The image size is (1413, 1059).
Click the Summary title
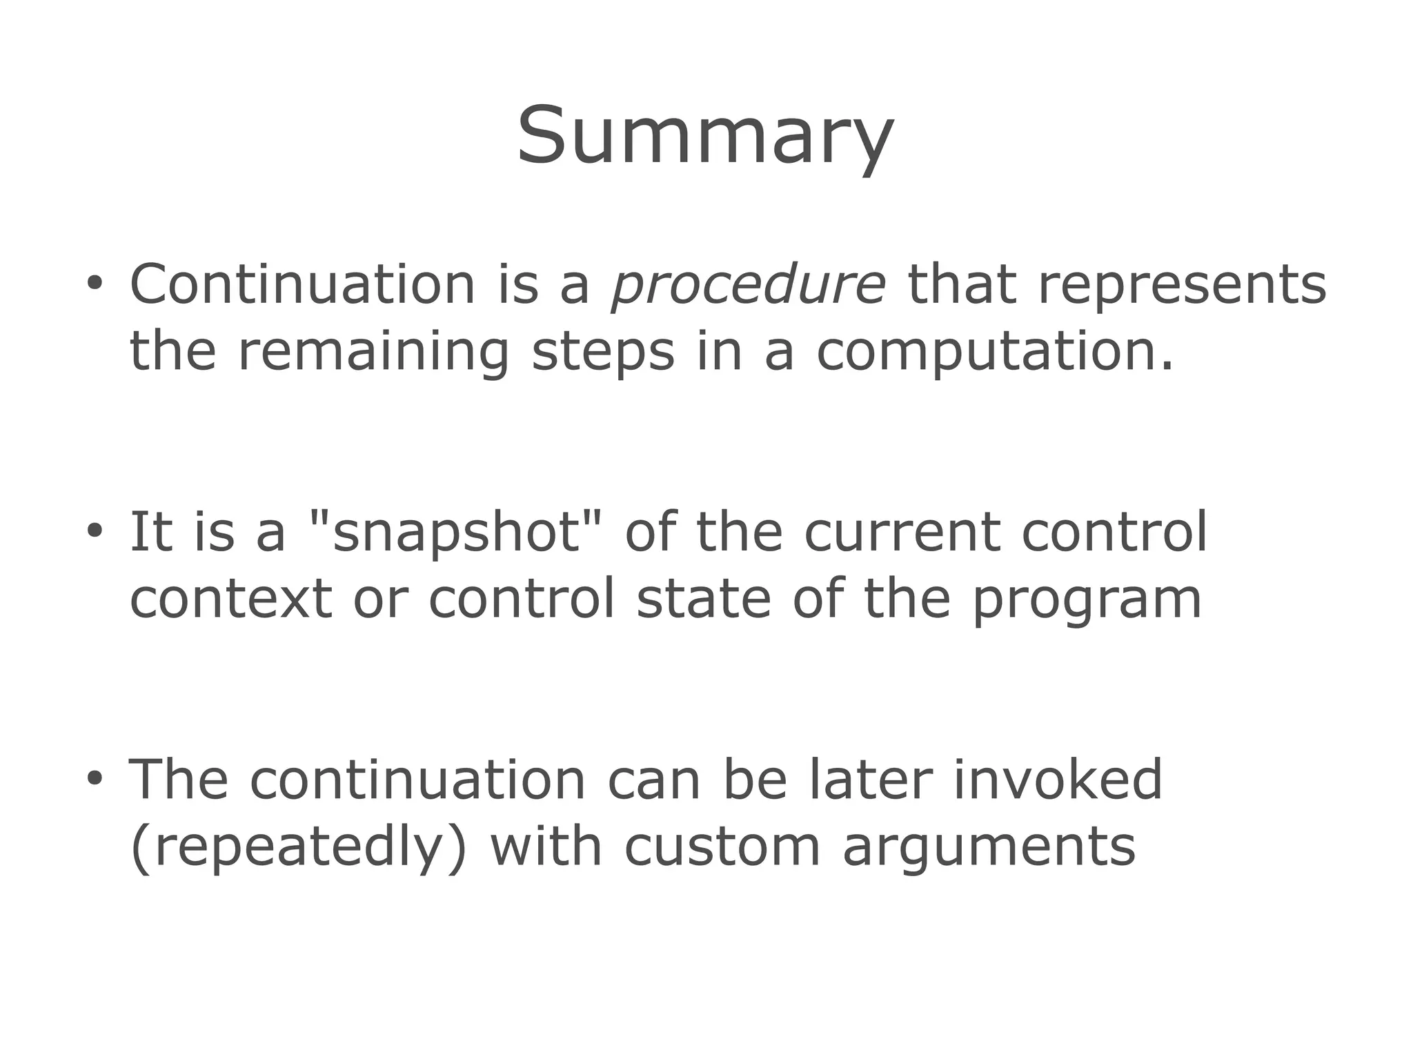click(705, 136)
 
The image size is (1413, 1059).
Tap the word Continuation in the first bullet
click(302, 284)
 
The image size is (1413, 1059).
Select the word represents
click(1182, 286)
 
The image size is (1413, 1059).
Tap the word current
click(902, 533)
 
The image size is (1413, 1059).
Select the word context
click(231, 599)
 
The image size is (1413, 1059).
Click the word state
click(703, 599)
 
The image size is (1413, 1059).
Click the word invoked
click(1058, 780)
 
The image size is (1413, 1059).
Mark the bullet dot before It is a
click(95, 531)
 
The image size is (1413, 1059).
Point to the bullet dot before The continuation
click(95, 778)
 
